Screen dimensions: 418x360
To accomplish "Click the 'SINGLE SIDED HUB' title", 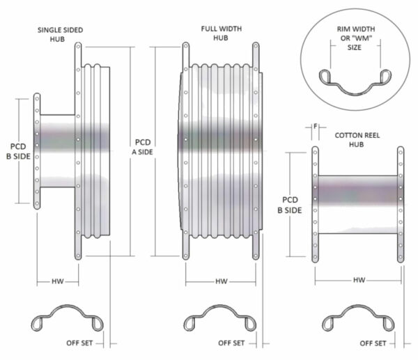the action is point(60,34).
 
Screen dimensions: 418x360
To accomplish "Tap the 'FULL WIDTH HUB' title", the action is point(222,33).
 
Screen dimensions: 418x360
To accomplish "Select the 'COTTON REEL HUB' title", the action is point(357,140).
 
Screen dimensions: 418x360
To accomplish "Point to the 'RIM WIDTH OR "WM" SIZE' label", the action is point(355,38).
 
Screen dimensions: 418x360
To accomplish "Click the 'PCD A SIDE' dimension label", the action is point(143,147).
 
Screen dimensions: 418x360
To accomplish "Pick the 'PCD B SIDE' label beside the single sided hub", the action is point(18,151).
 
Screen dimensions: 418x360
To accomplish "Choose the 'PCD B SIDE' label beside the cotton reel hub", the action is point(290,205).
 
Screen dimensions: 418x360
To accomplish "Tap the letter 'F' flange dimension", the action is point(316,126).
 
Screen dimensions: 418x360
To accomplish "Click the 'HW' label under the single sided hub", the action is point(58,281).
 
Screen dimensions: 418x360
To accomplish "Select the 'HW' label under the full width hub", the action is point(222,281).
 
